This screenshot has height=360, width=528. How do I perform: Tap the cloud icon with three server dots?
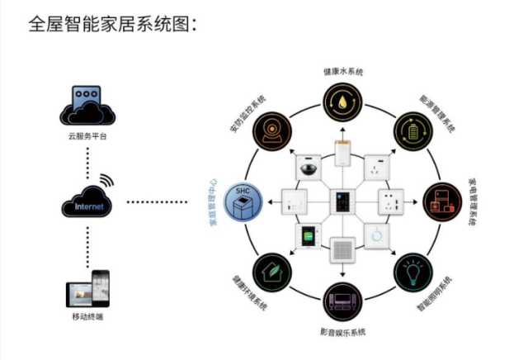point(87,105)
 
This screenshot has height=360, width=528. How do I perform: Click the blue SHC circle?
point(243,201)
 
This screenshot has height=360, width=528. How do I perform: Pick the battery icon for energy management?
point(410,130)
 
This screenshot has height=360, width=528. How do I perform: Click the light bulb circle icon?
point(410,272)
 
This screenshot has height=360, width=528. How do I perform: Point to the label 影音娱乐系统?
point(341,332)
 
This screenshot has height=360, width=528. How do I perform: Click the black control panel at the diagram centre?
point(341,201)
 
